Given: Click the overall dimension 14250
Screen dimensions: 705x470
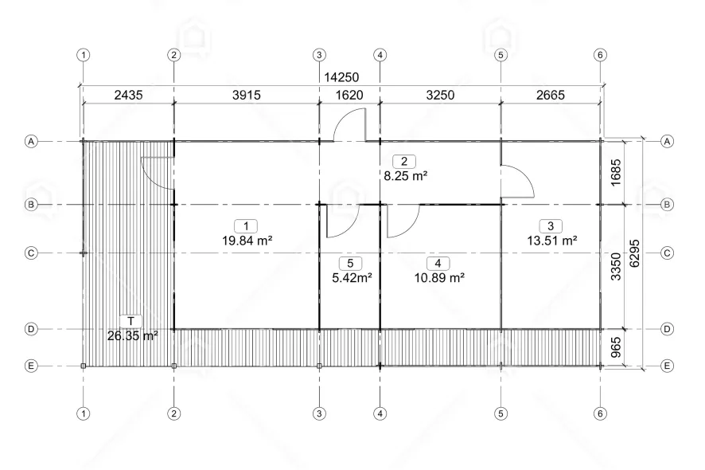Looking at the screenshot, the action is click(341, 77).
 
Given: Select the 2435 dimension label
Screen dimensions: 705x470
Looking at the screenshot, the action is click(128, 95).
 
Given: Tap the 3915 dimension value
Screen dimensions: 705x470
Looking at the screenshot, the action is click(247, 95).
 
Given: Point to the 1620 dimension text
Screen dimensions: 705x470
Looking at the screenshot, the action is click(349, 95).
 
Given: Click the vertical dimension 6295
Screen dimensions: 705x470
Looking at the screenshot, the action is click(634, 253).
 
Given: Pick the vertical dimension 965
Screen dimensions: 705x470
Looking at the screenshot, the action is click(616, 347).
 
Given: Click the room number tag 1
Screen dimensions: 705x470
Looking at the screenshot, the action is click(246, 226).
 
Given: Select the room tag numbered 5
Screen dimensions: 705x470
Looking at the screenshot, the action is click(350, 264).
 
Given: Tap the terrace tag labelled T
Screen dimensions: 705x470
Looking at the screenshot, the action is click(130, 321).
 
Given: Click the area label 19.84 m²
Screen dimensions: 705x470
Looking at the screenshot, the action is click(247, 241).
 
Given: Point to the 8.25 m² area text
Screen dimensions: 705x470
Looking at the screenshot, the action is click(405, 175).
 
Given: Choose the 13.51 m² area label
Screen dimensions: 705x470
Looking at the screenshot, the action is click(552, 241).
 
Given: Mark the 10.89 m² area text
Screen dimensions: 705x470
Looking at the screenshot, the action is click(439, 278).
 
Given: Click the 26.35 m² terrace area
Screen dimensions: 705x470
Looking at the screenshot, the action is click(133, 336).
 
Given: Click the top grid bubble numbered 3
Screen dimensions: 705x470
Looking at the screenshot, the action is click(319, 55).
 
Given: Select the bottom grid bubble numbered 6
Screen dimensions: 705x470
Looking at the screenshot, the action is click(600, 413).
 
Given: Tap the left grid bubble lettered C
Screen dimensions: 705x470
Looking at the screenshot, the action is click(31, 253).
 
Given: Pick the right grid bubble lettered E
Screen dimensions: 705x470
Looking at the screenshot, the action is click(667, 366).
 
